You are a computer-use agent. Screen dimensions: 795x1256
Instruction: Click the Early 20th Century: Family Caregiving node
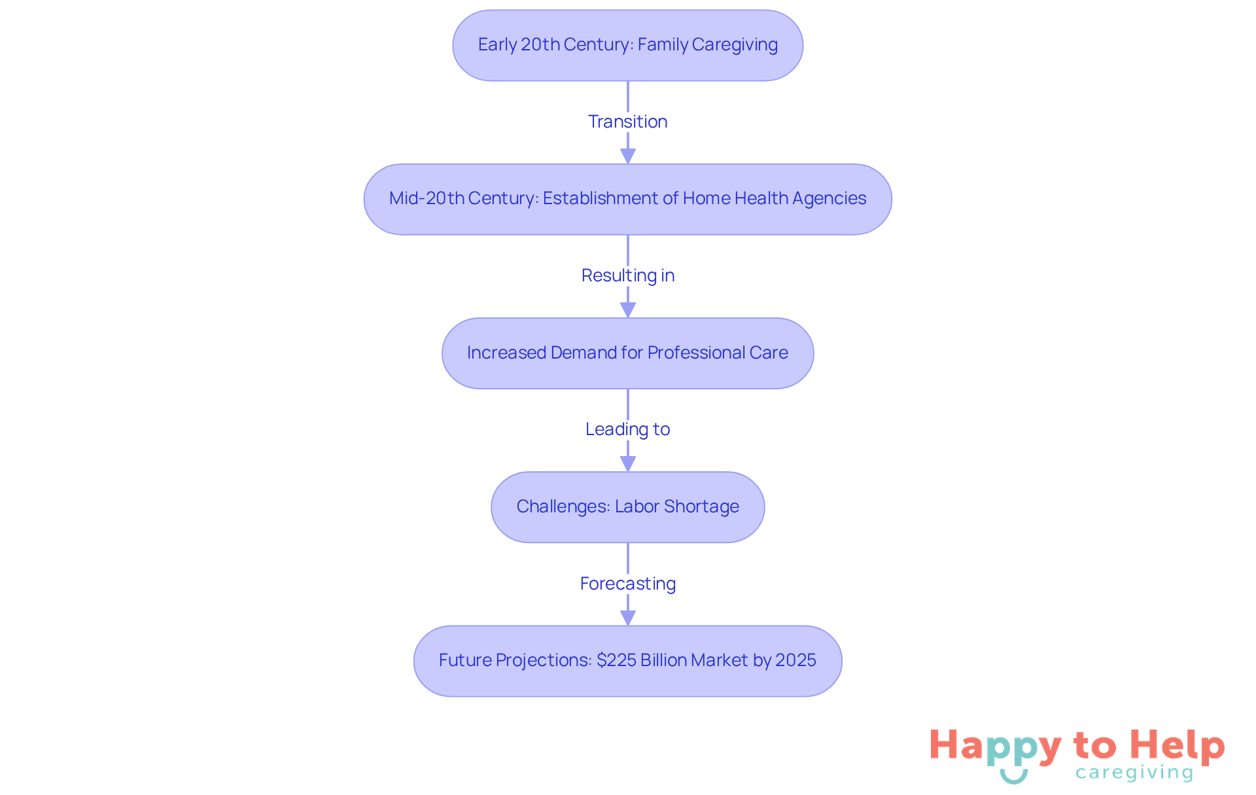[x=627, y=45]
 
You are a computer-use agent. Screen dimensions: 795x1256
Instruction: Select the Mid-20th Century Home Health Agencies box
[x=627, y=199]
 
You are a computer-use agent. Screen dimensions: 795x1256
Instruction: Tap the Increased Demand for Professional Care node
[x=627, y=353]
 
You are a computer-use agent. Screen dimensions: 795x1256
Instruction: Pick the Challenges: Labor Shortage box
[x=627, y=507]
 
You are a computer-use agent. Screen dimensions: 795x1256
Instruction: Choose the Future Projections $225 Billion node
[x=627, y=661]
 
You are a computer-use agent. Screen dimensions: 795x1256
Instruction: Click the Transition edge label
[x=627, y=122]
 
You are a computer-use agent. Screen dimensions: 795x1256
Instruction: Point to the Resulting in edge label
[x=627, y=275]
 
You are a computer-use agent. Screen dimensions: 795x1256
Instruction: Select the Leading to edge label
[x=627, y=429]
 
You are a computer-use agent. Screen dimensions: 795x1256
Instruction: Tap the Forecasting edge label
[x=627, y=584]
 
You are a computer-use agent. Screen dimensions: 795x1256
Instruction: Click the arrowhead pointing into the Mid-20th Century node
[x=628, y=156]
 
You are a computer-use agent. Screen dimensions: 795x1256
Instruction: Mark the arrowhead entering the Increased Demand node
[x=628, y=310]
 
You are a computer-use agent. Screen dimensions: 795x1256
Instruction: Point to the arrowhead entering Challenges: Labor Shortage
[x=628, y=464]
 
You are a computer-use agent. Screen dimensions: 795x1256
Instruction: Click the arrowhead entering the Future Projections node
[x=628, y=618]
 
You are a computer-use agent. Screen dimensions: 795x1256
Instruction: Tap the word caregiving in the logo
[x=1134, y=773]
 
